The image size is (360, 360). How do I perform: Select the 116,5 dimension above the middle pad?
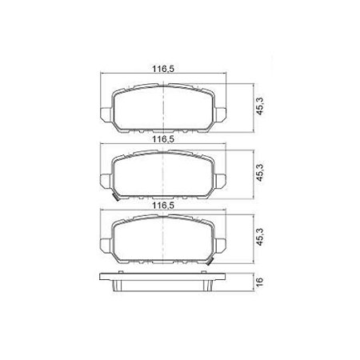click(163, 138)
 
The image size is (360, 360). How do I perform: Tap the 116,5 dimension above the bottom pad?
click(163, 206)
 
